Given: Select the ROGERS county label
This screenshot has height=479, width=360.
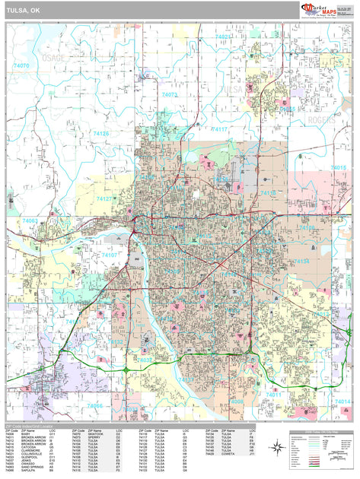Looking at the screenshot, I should (x=320, y=120).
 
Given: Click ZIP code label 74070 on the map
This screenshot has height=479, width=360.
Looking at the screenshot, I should (x=21, y=66).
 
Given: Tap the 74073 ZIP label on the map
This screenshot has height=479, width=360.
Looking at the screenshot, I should (x=169, y=95).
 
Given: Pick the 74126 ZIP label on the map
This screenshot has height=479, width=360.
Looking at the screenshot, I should (x=101, y=134).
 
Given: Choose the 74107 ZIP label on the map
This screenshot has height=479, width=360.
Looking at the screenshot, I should (x=110, y=255).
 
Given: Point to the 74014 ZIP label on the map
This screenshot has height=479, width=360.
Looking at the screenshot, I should (x=343, y=401).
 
